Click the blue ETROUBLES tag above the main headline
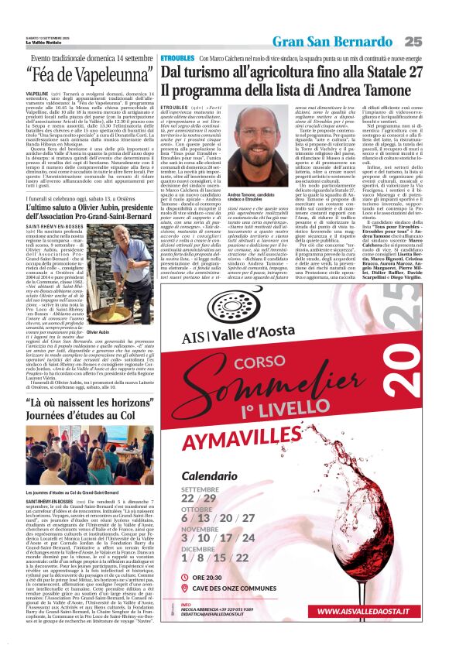(x=177, y=59)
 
